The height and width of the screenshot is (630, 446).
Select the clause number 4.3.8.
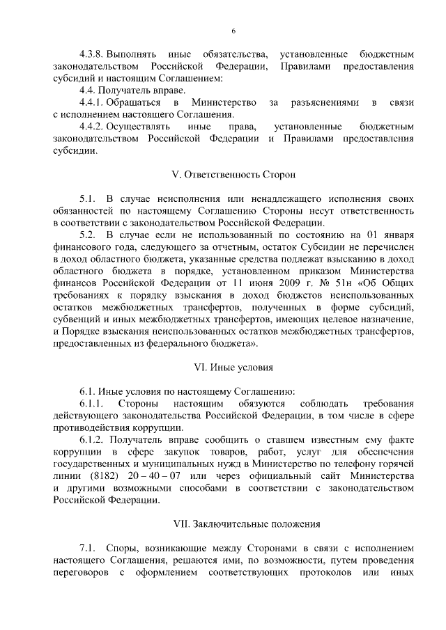click(x=93, y=54)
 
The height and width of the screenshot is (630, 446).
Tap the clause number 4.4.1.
click(x=93, y=103)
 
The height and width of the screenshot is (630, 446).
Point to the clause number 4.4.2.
click(x=93, y=127)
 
